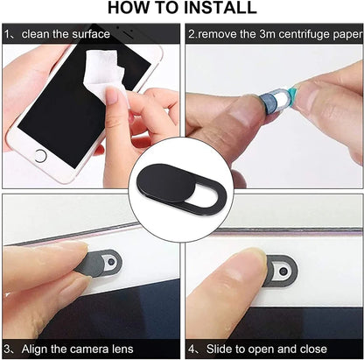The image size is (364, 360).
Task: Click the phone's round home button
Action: click(x=39, y=156)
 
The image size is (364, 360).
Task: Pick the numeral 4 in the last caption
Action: click(x=191, y=348)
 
